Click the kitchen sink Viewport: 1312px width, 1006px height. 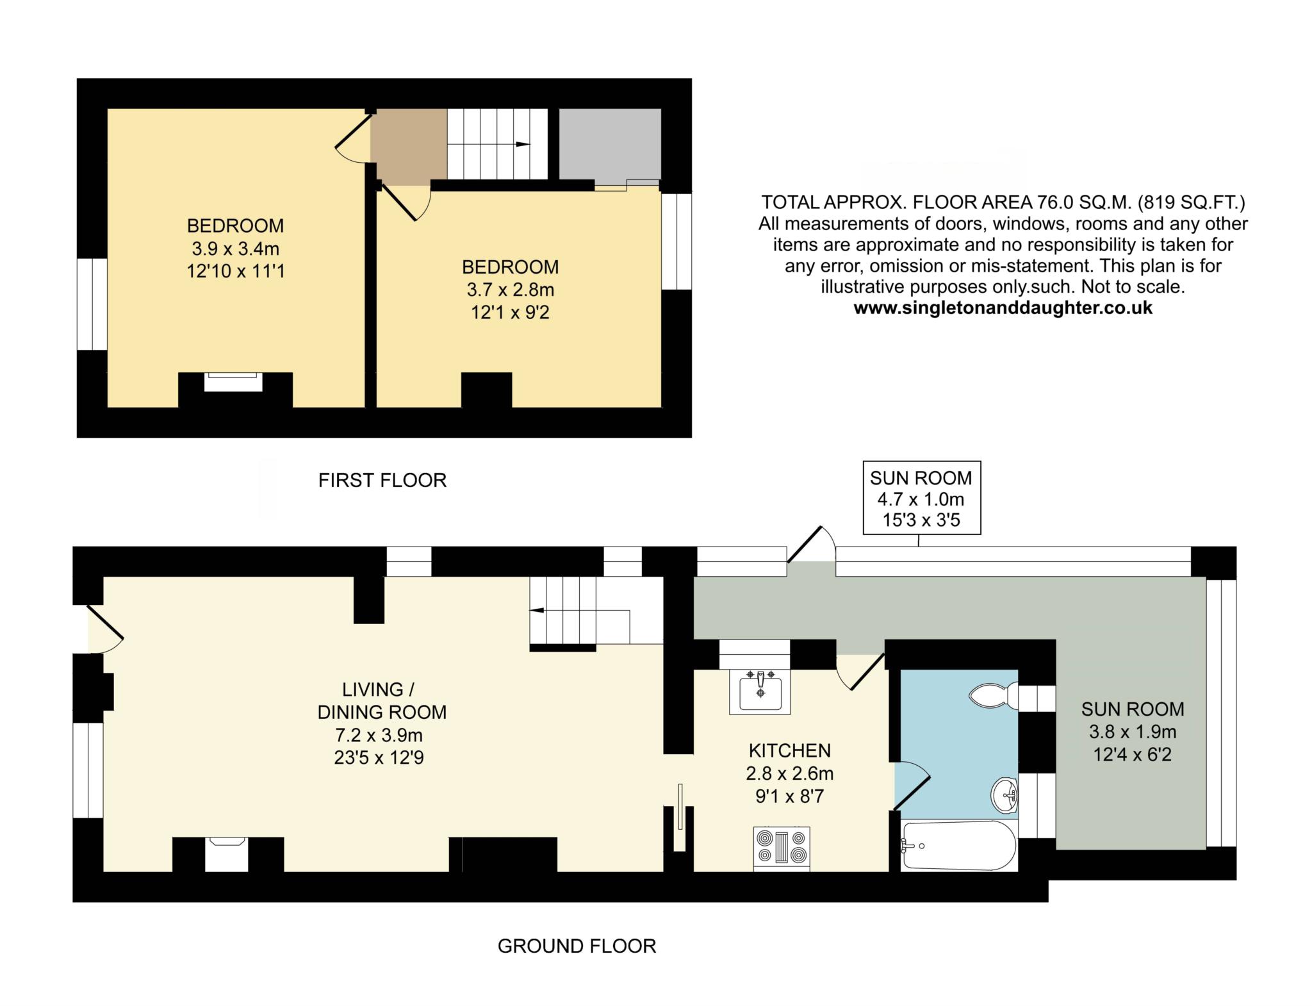[x=760, y=691]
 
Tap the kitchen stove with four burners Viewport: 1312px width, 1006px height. [x=782, y=847]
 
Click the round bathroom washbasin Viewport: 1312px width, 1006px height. [x=1004, y=795]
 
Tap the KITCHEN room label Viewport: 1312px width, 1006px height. [x=790, y=750]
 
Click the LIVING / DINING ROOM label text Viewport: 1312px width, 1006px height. [x=382, y=700]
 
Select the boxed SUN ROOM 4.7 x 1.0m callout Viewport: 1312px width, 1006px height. [x=922, y=497]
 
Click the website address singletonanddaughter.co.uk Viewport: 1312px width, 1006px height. [x=1003, y=308]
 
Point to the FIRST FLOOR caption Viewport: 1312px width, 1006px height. [x=382, y=480]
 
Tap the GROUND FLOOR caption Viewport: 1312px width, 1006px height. [x=577, y=946]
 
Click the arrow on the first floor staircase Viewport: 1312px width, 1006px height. [x=522, y=144]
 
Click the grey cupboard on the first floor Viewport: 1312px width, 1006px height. [x=610, y=144]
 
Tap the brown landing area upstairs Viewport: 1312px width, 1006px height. [x=409, y=147]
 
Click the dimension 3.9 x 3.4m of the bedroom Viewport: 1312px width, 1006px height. [x=236, y=248]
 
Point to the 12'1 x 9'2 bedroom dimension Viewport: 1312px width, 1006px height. [x=511, y=313]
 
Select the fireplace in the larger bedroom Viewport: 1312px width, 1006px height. [x=233, y=382]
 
